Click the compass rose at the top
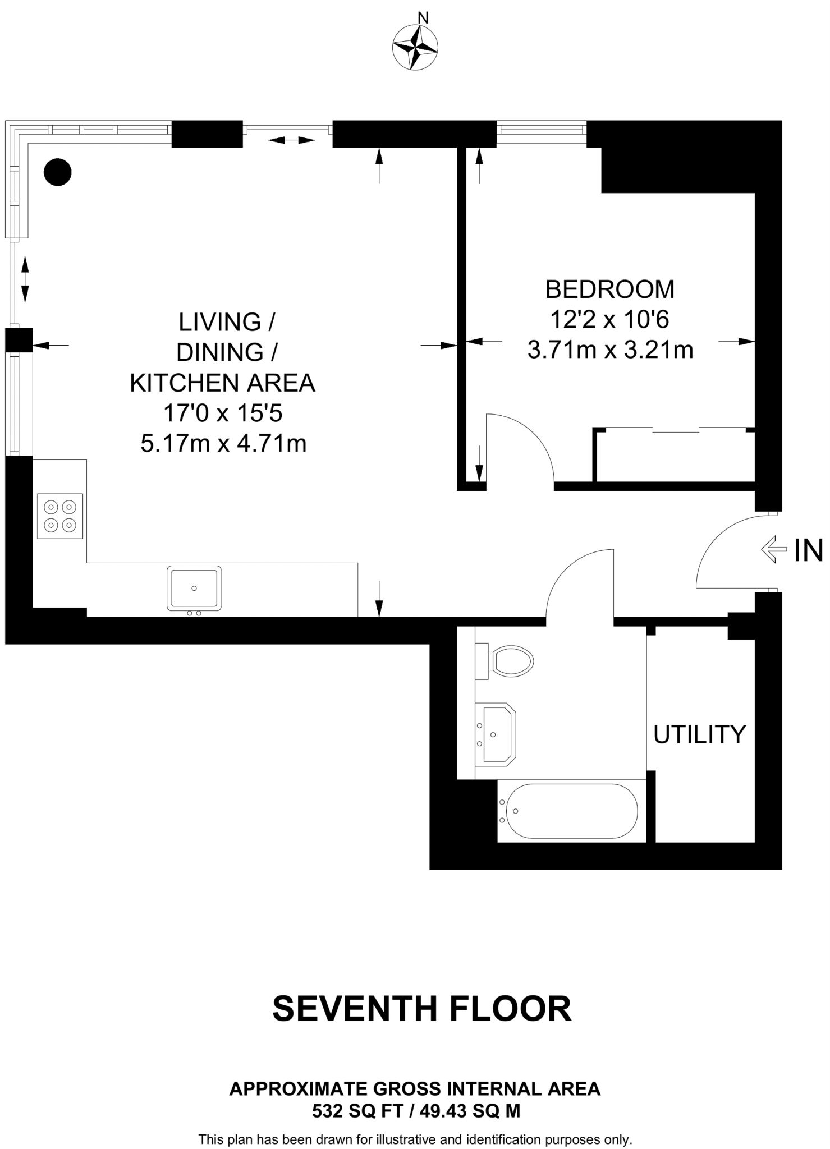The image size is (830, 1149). [415, 48]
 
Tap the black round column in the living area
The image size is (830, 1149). [57, 172]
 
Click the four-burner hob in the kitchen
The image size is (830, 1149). [60, 516]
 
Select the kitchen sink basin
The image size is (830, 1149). [194, 588]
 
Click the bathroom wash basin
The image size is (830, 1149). [496, 734]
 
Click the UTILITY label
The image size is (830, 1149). [700, 734]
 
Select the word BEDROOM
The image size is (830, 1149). [610, 289]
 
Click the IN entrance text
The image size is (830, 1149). [808, 550]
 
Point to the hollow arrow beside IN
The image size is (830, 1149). [774, 550]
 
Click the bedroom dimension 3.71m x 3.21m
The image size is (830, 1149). [611, 350]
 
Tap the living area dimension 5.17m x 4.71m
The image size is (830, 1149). [223, 444]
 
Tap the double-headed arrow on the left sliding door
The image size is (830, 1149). [25, 279]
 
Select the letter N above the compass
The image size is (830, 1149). [424, 18]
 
